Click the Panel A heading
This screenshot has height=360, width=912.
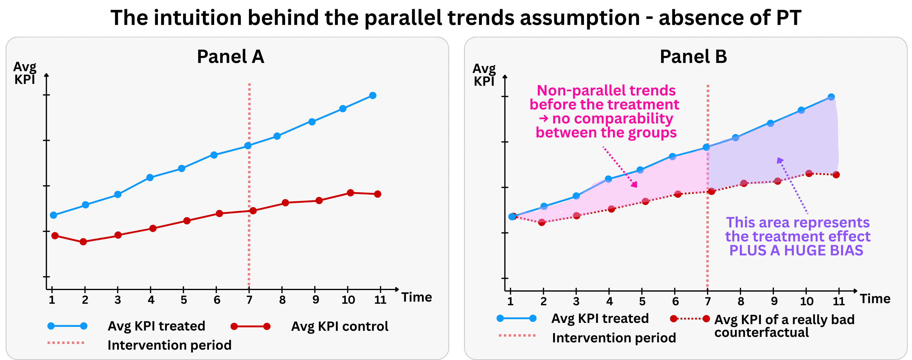pyautogui.click(x=231, y=57)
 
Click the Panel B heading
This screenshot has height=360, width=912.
pyautogui.click(x=693, y=57)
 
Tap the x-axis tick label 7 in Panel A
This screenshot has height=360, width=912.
pyautogui.click(x=249, y=300)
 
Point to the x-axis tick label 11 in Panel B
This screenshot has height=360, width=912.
pyautogui.click(x=838, y=301)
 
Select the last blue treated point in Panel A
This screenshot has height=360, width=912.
pyautogui.click(x=372, y=95)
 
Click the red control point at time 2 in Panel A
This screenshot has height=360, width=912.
pyautogui.click(x=83, y=242)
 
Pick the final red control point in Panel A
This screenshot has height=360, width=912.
pyautogui.click(x=378, y=194)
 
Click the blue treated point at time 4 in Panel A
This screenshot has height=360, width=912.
pyautogui.click(x=150, y=177)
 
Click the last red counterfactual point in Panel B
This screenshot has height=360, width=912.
pyautogui.click(x=836, y=175)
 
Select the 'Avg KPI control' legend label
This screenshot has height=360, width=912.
pyautogui.click(x=339, y=326)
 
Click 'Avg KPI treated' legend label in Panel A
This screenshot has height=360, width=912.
pyautogui.click(x=156, y=326)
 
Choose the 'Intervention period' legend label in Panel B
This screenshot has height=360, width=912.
pyautogui.click(x=614, y=338)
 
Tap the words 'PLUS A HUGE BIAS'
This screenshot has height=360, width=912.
pyautogui.click(x=796, y=250)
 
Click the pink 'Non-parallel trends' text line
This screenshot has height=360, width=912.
pyautogui.click(x=606, y=91)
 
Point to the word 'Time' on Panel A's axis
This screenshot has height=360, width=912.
pyautogui.click(x=416, y=297)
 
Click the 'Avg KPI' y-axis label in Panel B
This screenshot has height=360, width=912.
pyautogui.click(x=484, y=75)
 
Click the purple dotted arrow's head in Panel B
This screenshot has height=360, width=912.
pyautogui.click(x=779, y=160)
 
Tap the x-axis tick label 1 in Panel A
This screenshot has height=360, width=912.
pyautogui.click(x=52, y=300)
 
